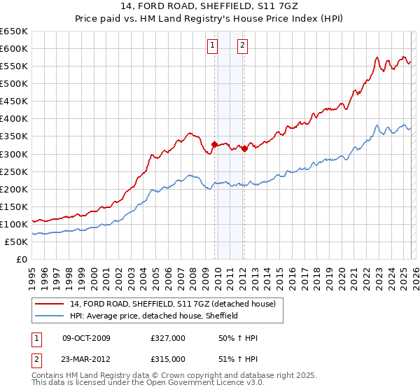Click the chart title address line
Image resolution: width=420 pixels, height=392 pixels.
pos(209,6)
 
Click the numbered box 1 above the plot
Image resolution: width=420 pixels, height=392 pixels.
pos(212,46)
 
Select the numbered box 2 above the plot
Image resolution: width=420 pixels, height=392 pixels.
pos(242,46)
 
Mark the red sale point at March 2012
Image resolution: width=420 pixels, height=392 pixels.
pos(244,148)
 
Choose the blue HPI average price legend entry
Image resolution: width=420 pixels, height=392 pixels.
pos(153,316)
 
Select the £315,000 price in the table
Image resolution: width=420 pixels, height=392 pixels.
pos(168,358)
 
